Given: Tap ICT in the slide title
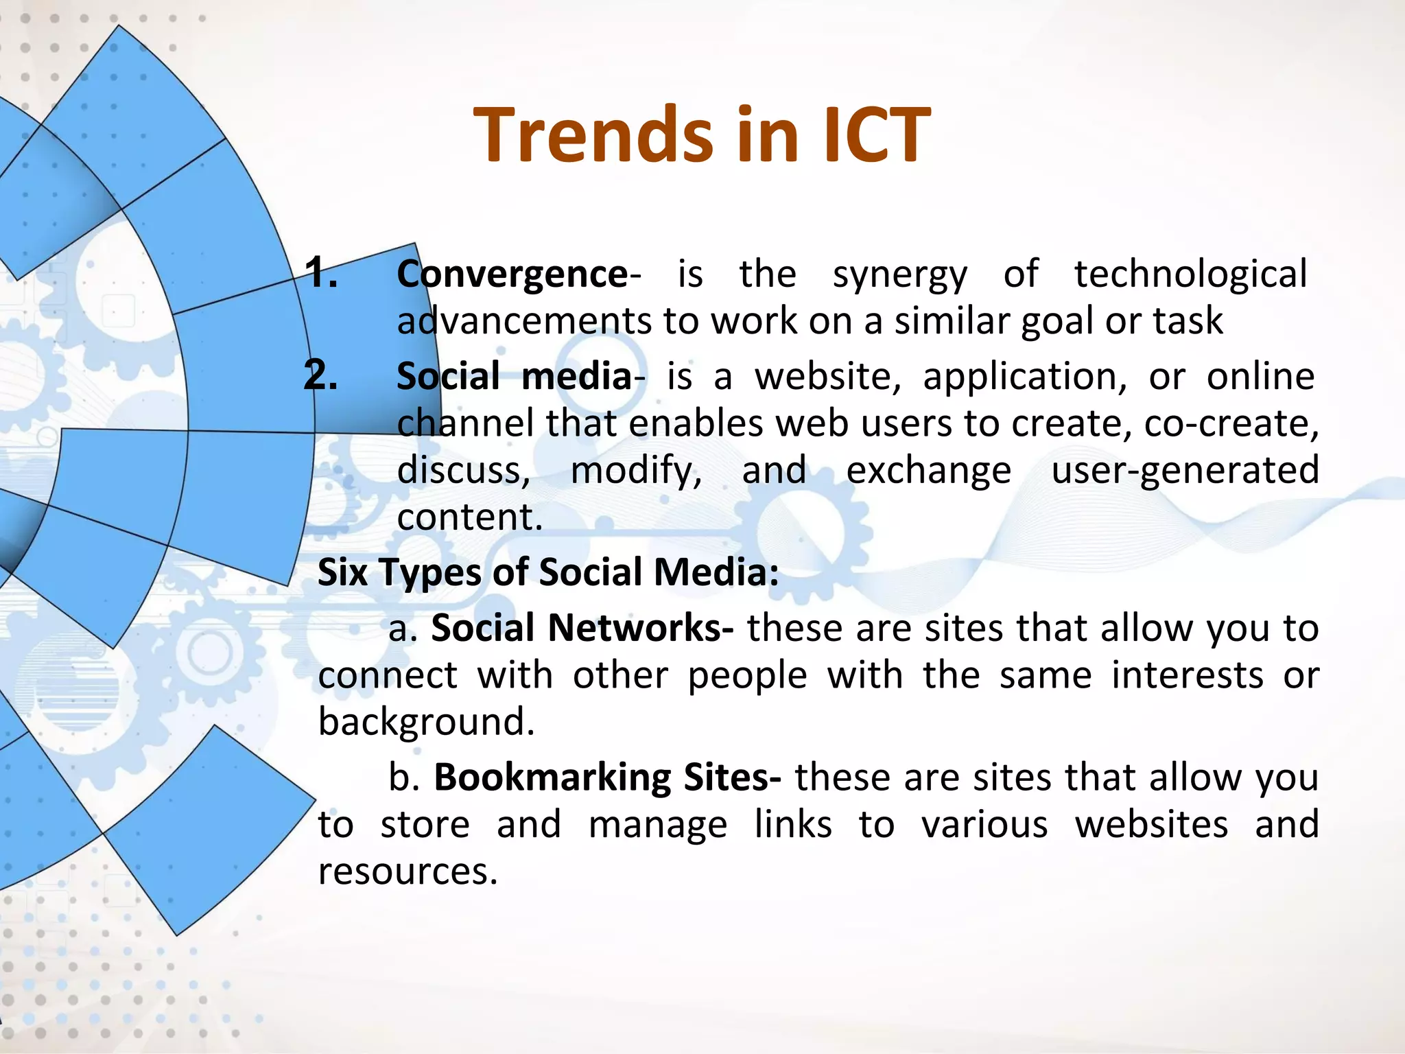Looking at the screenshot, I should (x=876, y=135).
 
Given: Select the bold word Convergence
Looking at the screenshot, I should (x=512, y=274).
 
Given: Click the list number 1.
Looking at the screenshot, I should (x=320, y=272).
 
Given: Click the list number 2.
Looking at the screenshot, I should (x=320, y=375).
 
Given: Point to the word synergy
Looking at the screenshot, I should (x=899, y=275).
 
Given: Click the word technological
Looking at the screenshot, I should (x=1190, y=274).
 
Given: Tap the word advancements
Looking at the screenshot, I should (x=524, y=321).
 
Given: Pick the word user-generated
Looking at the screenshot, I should (x=1185, y=471).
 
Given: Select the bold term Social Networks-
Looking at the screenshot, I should (x=582, y=628).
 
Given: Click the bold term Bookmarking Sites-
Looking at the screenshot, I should (x=607, y=777).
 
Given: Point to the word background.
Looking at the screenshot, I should (x=426, y=723).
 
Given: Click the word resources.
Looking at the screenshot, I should (x=408, y=871).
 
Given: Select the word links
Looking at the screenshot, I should (x=793, y=825).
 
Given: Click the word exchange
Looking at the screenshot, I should (x=928, y=471).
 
